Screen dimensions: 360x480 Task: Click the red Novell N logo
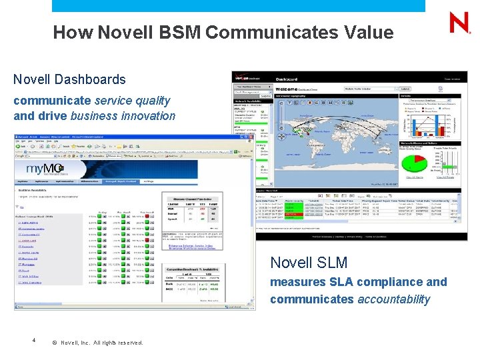(x=459, y=23)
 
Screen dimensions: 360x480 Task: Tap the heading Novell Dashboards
(x=69, y=79)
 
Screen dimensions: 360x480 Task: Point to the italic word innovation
(x=149, y=115)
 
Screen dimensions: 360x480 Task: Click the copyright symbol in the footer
(x=53, y=343)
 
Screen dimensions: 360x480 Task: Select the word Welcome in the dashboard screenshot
(x=286, y=88)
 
